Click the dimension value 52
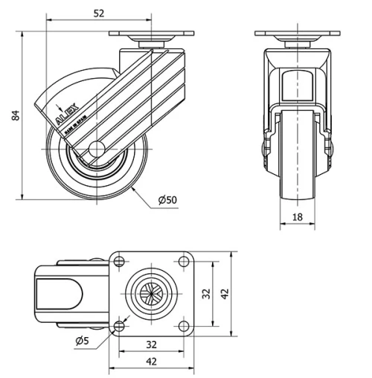pos(97,12)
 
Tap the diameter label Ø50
pos(167,199)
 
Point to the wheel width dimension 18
pos(297,217)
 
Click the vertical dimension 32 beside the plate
pos(208,294)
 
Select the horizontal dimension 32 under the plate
pos(150,345)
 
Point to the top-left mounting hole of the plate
pos(118,261)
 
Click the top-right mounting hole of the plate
pos(183,261)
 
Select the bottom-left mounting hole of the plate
pos(118,327)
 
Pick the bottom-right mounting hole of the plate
pos(183,327)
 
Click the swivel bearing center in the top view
pos(150,294)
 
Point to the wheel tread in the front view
pos(297,160)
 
